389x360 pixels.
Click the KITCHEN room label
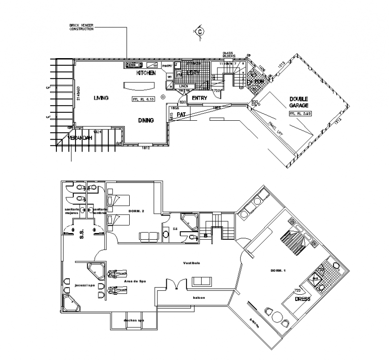click(146, 72)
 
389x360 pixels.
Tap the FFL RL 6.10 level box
click(143, 99)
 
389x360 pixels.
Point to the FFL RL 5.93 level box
click(300, 114)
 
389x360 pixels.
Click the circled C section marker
click(200, 31)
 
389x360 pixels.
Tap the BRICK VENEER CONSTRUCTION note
click(81, 27)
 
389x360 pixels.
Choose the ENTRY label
click(199, 98)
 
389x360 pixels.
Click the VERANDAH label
click(80, 138)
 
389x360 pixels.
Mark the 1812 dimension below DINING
click(145, 148)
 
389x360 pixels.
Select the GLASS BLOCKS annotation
click(229, 55)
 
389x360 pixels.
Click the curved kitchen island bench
click(140, 85)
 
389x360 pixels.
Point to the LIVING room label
click(101, 98)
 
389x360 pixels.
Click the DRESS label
click(303, 299)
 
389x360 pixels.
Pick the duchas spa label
click(134, 321)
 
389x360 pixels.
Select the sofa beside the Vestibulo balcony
click(202, 281)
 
